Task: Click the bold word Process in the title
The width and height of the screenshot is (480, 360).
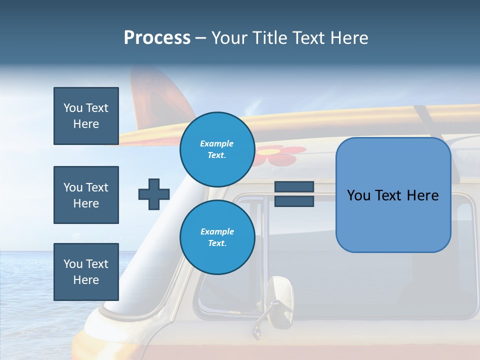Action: pos(157,38)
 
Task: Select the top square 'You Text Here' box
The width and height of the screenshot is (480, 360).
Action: pos(86,116)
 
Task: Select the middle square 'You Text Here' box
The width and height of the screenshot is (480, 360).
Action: pos(86,195)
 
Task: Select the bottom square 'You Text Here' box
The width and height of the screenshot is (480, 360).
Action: pos(86,271)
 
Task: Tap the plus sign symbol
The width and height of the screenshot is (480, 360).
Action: pos(154,194)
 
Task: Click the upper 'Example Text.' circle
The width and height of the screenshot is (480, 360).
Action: pos(217,149)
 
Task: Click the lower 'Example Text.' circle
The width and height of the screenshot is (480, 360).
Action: pos(217,237)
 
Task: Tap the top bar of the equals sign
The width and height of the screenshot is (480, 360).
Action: pos(294,187)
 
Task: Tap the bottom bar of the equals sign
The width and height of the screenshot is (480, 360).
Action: pos(294,201)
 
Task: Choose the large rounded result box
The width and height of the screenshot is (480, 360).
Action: pos(393,195)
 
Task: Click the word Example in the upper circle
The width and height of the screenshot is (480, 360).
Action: pos(217,143)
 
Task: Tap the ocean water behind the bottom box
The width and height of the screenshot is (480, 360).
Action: pos(30,280)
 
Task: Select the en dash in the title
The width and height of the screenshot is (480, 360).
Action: pos(201,38)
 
